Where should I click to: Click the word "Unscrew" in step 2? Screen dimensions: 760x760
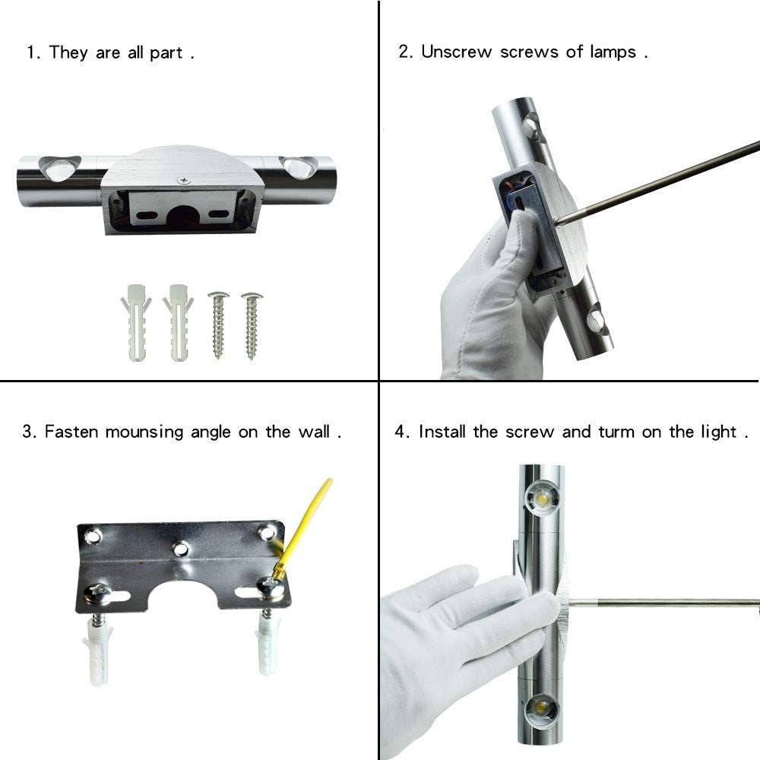click(x=456, y=52)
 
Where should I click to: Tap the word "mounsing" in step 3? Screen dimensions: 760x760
click(x=144, y=432)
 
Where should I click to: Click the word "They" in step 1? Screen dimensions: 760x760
click(x=68, y=53)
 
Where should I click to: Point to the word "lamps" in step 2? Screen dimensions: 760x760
click(x=613, y=52)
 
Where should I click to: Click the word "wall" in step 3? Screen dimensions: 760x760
click(x=314, y=432)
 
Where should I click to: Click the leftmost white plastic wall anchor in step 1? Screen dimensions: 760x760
click(x=135, y=321)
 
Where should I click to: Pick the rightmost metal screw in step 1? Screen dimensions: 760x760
click(x=252, y=325)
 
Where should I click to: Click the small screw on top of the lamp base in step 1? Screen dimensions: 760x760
click(x=184, y=181)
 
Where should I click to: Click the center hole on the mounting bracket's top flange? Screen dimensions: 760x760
click(x=180, y=549)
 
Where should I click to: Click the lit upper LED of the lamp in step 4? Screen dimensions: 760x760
click(x=543, y=499)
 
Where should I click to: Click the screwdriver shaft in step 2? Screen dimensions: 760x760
click(x=657, y=182)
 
